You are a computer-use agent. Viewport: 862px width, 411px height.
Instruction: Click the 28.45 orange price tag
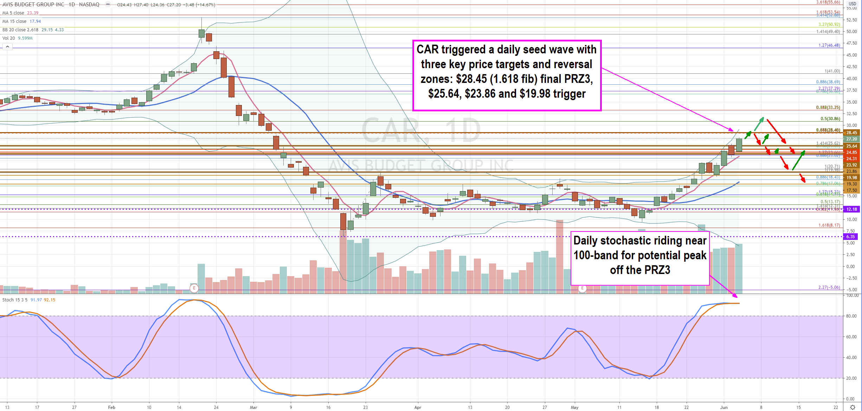point(851,133)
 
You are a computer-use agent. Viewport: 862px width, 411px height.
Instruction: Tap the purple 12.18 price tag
point(851,209)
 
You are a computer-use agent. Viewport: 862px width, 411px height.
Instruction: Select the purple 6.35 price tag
point(851,237)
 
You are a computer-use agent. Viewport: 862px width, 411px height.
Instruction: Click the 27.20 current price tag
point(851,139)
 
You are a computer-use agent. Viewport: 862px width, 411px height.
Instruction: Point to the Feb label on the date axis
point(111,407)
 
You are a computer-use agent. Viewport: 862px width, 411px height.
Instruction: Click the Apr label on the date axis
point(418,407)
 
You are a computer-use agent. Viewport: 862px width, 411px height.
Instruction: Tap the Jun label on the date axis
point(724,407)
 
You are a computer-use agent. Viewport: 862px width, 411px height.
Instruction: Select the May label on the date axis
point(574,407)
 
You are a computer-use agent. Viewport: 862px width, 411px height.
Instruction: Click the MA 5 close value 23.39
point(33,13)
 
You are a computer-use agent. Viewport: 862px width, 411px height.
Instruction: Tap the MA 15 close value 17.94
point(35,21)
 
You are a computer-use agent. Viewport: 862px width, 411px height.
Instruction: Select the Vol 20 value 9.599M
point(25,38)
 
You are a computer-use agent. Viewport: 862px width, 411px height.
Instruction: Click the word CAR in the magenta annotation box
point(427,50)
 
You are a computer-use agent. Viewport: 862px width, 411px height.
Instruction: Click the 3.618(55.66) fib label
point(828,2)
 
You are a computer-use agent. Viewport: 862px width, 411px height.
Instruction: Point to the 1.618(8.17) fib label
point(829,225)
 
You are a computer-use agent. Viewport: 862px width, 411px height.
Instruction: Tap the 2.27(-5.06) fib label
point(829,287)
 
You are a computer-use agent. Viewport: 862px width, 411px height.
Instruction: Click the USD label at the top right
point(853,4)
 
